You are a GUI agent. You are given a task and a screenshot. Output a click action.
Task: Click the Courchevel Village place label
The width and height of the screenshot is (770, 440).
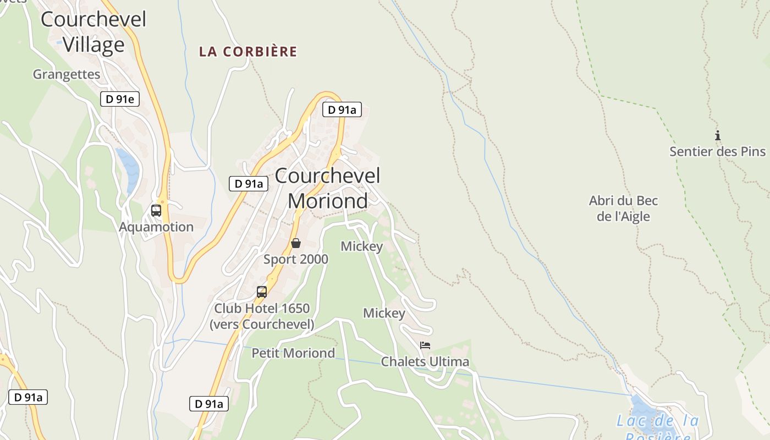(x=94, y=32)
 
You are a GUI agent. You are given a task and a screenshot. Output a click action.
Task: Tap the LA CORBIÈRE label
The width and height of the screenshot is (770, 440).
(x=248, y=52)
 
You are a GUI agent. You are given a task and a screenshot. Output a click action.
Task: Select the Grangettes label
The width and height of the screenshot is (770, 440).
(x=67, y=74)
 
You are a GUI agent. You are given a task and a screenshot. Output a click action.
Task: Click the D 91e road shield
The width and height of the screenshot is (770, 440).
(x=120, y=99)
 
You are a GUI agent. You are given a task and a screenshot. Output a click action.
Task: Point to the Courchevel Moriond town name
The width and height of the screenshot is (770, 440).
(x=328, y=188)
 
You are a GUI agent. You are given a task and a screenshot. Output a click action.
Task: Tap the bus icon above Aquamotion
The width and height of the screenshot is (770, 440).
(x=156, y=210)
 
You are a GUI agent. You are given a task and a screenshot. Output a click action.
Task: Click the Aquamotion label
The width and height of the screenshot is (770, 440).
(x=156, y=227)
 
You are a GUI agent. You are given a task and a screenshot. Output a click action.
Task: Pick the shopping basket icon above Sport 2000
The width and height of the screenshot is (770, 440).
(x=296, y=243)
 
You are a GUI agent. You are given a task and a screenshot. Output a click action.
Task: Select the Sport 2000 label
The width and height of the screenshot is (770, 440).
(x=296, y=259)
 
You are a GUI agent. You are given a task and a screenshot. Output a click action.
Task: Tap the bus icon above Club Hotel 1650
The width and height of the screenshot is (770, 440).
(x=262, y=291)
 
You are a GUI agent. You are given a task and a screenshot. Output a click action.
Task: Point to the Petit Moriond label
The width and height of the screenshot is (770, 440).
(x=293, y=353)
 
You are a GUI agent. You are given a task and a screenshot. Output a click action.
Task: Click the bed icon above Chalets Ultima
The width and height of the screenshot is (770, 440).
(x=425, y=345)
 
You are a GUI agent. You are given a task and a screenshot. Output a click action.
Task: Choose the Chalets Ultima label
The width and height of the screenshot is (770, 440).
(x=425, y=361)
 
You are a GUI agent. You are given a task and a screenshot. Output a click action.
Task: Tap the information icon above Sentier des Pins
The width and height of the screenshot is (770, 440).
(x=717, y=135)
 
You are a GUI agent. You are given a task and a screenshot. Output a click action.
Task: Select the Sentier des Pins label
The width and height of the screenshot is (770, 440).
(x=717, y=151)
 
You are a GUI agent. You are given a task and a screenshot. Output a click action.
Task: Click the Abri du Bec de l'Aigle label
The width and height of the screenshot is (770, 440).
(x=623, y=208)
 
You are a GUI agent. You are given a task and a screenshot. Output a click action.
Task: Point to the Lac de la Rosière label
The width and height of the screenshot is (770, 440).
(x=657, y=426)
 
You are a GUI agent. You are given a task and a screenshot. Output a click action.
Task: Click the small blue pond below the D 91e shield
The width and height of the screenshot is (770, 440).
(x=128, y=168)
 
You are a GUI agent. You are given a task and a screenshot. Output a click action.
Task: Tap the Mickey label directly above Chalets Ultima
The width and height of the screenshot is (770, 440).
(x=384, y=313)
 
